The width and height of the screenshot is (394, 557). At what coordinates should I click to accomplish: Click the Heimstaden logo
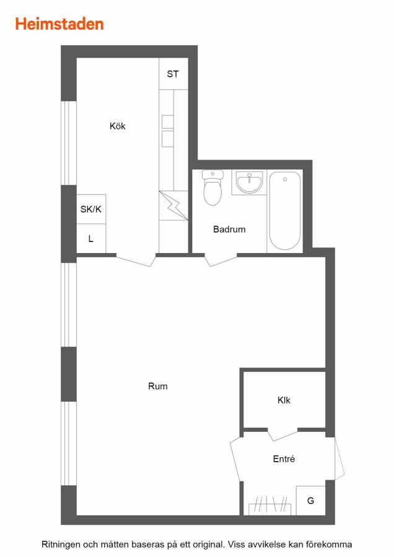click(59, 24)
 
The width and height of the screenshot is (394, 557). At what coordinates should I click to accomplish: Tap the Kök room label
click(117, 126)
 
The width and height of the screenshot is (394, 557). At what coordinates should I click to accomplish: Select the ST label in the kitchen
click(173, 74)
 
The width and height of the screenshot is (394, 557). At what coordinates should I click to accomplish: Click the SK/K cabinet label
click(91, 209)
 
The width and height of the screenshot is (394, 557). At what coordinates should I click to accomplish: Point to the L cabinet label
click(90, 239)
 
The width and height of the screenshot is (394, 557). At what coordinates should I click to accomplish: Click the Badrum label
click(229, 229)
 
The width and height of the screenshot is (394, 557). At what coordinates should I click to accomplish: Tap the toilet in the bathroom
click(212, 188)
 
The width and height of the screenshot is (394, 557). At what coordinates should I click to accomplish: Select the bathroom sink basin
click(249, 182)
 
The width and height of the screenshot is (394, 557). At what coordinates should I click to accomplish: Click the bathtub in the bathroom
click(285, 210)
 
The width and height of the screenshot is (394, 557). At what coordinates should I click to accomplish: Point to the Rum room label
click(157, 386)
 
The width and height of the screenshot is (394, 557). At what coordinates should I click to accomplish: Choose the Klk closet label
click(284, 400)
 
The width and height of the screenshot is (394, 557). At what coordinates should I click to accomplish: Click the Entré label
click(284, 459)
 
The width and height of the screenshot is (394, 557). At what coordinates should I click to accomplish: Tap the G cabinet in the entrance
click(310, 501)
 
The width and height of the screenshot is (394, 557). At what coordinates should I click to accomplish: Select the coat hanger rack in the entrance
click(270, 505)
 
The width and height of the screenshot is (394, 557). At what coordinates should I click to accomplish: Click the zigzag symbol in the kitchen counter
click(173, 205)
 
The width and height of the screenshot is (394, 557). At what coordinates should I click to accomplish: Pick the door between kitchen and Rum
click(136, 260)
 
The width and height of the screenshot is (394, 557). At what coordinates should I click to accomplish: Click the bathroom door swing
click(221, 260)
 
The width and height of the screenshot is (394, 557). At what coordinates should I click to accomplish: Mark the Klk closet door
click(282, 434)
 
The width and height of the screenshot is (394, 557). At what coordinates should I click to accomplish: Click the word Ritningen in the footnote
click(60, 545)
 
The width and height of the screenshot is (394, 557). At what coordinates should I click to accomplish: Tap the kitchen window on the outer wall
click(69, 143)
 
